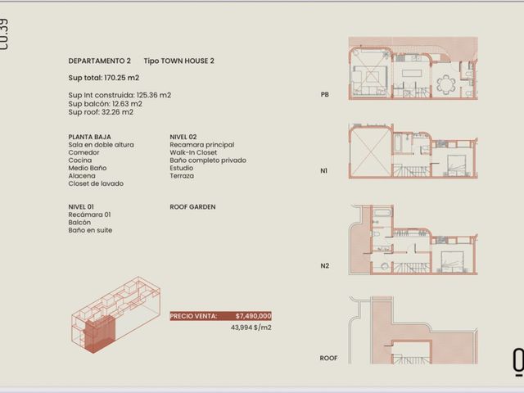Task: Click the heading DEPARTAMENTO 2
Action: click(x=99, y=61)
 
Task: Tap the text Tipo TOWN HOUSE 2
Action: click(x=178, y=61)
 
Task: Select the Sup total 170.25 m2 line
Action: click(x=104, y=78)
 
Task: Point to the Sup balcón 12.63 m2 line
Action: click(x=106, y=104)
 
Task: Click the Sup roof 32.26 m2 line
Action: click(x=101, y=112)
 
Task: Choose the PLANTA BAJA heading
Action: click(x=89, y=137)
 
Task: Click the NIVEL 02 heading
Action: click(x=183, y=137)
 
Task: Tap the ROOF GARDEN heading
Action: click(x=192, y=207)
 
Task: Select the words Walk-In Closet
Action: click(x=193, y=152)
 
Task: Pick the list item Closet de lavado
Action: click(x=96, y=183)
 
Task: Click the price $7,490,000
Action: click(x=253, y=316)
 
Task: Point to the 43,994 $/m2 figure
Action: click(x=251, y=327)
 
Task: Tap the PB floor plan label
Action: click(x=324, y=95)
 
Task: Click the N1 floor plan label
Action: click(x=323, y=171)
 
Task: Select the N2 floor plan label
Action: click(x=324, y=265)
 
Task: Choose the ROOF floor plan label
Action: click(x=328, y=358)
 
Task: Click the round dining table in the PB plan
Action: click(x=445, y=84)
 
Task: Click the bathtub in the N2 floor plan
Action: click(x=383, y=213)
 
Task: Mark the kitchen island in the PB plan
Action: click(x=413, y=73)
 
